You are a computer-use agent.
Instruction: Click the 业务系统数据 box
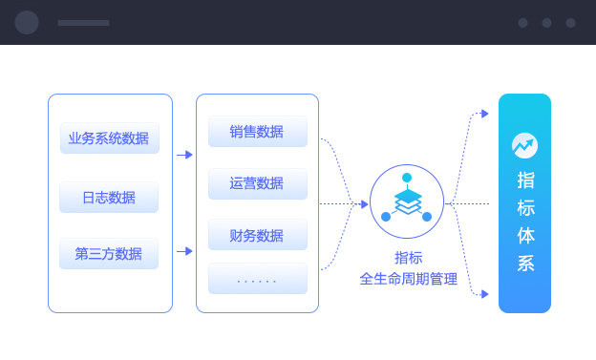click(x=109, y=138)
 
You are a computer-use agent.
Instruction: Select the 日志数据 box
click(x=109, y=198)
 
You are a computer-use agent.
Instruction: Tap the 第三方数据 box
click(x=109, y=254)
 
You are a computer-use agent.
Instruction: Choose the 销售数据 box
click(x=257, y=132)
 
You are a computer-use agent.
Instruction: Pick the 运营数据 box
click(x=257, y=183)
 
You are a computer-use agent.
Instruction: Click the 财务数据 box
click(x=257, y=235)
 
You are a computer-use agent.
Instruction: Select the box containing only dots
click(x=257, y=280)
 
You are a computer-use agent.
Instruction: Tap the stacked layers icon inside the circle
click(x=407, y=201)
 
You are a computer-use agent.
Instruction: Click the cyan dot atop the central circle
click(x=407, y=178)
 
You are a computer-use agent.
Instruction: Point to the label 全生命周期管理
click(x=408, y=279)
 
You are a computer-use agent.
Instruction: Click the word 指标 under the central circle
click(x=408, y=258)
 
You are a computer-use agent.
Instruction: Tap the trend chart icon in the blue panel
click(x=524, y=145)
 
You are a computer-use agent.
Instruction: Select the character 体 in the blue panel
click(x=525, y=235)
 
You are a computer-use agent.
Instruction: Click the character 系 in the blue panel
click(x=525, y=263)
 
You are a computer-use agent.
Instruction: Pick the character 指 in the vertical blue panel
click(x=525, y=180)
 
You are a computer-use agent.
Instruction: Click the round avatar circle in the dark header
click(x=27, y=23)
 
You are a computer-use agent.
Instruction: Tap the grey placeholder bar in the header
click(x=83, y=23)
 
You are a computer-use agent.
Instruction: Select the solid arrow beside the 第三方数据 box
click(x=185, y=251)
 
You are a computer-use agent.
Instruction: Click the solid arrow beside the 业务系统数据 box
click(x=185, y=155)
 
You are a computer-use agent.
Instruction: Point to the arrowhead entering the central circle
click(x=364, y=203)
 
